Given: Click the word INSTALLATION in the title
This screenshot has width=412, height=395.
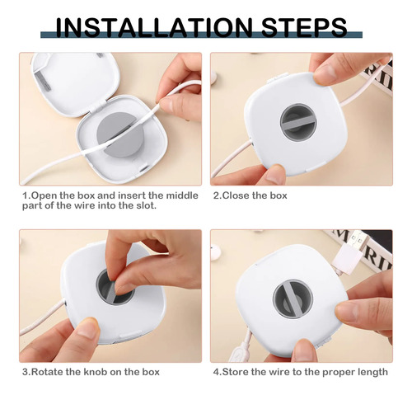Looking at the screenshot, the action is click(154, 28).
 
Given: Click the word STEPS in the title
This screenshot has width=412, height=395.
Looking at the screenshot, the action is click(305, 28).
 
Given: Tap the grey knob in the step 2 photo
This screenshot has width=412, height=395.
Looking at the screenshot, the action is click(298, 121).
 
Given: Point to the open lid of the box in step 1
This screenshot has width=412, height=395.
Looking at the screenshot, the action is click(76, 82).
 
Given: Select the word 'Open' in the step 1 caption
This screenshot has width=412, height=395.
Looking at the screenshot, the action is click(44, 196).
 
